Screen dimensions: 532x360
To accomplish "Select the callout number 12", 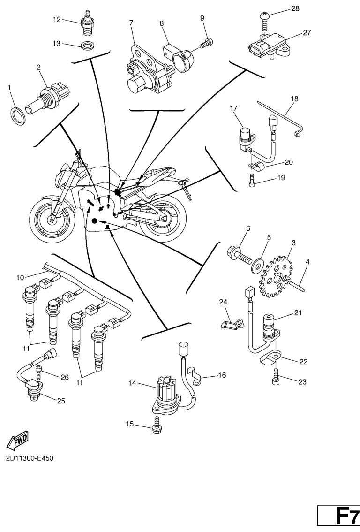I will tap(57, 19).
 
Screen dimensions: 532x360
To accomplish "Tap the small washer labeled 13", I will tap(87, 46).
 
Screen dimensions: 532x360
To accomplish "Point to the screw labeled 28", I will tap(265, 19).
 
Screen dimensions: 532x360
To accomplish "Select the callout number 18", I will tap(294, 99).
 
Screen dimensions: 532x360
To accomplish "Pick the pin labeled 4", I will tap(300, 284).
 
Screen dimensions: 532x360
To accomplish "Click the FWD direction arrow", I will tap(18, 440).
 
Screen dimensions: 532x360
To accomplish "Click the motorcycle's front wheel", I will tap(50, 217).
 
